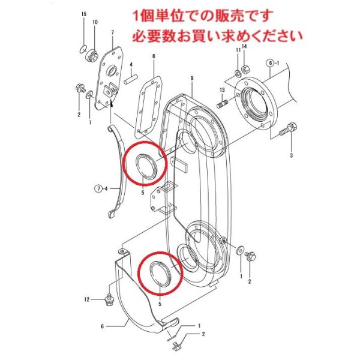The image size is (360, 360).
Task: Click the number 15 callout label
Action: pos(83,14)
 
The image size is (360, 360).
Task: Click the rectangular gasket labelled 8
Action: pos(149,108)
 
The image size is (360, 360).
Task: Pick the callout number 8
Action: pos(153,56)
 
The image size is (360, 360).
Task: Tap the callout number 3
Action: pos(291,156)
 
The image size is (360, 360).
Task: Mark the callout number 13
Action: pos(221,89)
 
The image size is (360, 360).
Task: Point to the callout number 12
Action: pos(87,298)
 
